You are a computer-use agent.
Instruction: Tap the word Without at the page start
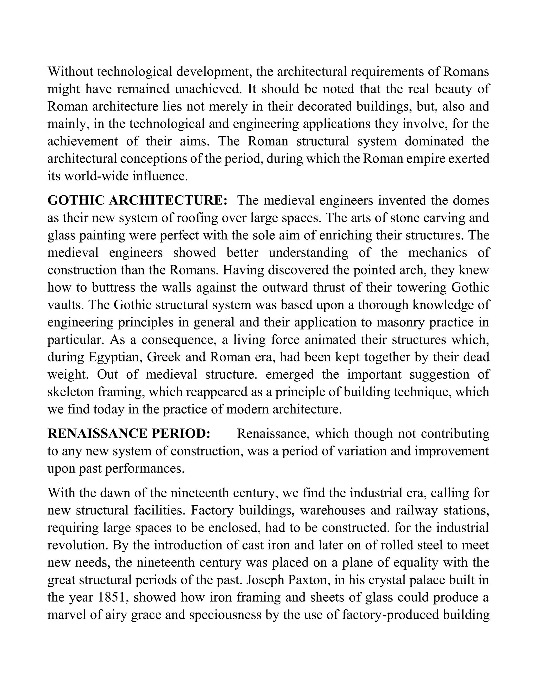pyautogui.click(x=70, y=72)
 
